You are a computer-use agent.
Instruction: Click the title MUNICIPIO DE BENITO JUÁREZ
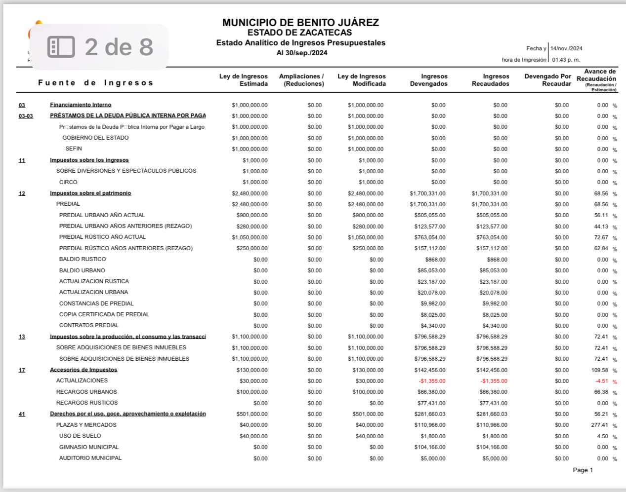point(300,23)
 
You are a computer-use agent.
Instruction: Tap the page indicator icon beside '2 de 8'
point(61,47)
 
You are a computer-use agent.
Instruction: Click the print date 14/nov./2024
point(566,48)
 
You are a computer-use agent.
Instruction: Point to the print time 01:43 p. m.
point(566,60)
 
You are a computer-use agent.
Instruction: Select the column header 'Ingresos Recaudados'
point(490,80)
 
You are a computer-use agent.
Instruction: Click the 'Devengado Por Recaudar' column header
point(547,80)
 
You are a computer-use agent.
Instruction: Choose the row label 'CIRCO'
point(68,182)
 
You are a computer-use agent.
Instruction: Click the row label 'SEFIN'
point(74,149)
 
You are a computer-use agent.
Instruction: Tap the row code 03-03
point(26,116)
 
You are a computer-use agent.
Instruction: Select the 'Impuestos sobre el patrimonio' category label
point(90,193)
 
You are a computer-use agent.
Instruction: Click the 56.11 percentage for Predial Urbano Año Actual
point(601,215)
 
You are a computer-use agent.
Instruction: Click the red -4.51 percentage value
point(601,381)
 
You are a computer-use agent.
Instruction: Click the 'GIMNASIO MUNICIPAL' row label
point(89,447)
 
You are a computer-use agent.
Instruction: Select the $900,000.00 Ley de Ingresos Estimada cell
point(252,215)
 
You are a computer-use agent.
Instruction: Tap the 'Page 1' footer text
point(583,470)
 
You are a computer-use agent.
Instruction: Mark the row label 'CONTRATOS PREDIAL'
point(89,325)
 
